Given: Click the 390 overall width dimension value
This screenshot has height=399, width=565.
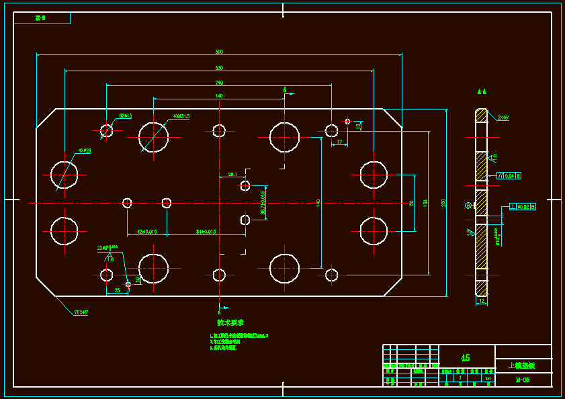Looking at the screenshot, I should point(219,52).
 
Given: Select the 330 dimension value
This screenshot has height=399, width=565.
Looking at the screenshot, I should point(219,67).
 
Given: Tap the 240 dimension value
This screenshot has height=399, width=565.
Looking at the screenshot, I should point(219,83).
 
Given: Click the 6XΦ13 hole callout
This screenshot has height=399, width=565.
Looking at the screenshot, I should point(126,116).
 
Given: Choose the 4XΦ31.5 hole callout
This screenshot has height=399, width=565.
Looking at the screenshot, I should point(181,116).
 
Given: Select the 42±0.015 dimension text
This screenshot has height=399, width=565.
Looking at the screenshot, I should point(147,231).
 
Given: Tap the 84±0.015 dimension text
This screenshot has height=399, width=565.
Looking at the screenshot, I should point(206,231).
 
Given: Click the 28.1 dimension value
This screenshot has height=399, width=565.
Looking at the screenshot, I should point(232,174).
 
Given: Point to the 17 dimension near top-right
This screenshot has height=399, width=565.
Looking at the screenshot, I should point(340,142).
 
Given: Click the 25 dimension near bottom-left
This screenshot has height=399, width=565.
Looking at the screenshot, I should point(118,290).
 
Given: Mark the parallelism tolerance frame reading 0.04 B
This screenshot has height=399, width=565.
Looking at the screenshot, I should point(509,175).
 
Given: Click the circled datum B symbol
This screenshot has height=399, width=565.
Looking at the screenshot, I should point(468,206).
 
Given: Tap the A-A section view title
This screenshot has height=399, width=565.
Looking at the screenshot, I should point(482,91).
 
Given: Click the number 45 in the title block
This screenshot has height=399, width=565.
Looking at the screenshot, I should point(466,357).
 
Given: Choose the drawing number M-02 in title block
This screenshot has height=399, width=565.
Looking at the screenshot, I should point(522,380).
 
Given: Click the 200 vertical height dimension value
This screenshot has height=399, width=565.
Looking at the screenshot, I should point(443,202).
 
